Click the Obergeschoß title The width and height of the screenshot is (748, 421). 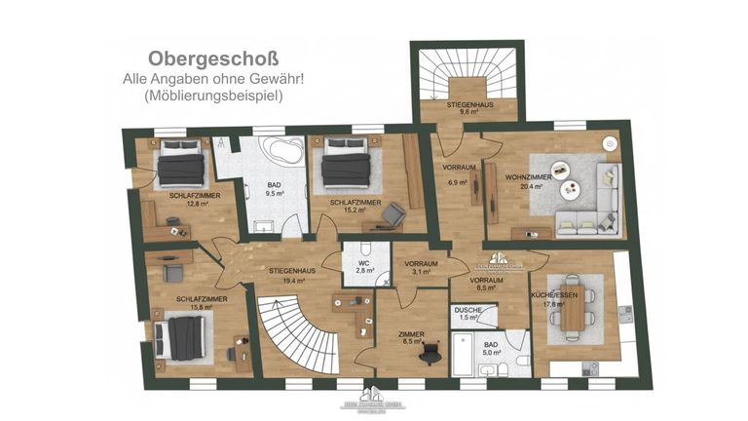pyautogui.click(x=199, y=57)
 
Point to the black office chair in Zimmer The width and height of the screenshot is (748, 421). pyautogui.click(x=427, y=355)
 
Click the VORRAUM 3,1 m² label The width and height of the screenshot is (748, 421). pyautogui.click(x=421, y=267)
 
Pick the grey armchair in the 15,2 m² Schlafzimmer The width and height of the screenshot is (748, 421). pyautogui.click(x=393, y=213)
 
